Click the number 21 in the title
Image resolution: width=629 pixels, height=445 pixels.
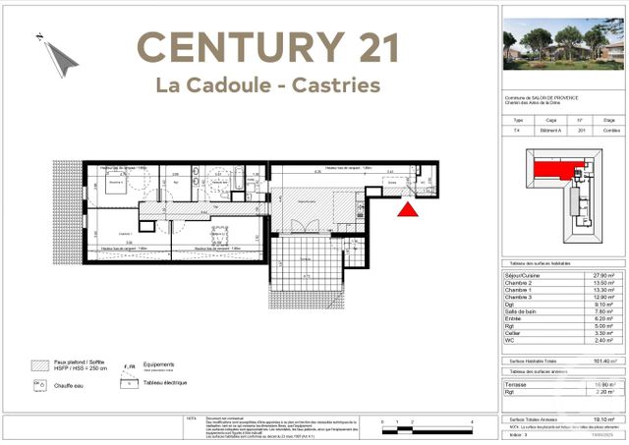pyautogui.click(x=370, y=47)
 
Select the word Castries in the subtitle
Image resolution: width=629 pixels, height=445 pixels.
pyautogui.click(x=334, y=85)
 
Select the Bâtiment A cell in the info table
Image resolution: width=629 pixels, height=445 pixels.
pyautogui.click(x=550, y=131)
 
